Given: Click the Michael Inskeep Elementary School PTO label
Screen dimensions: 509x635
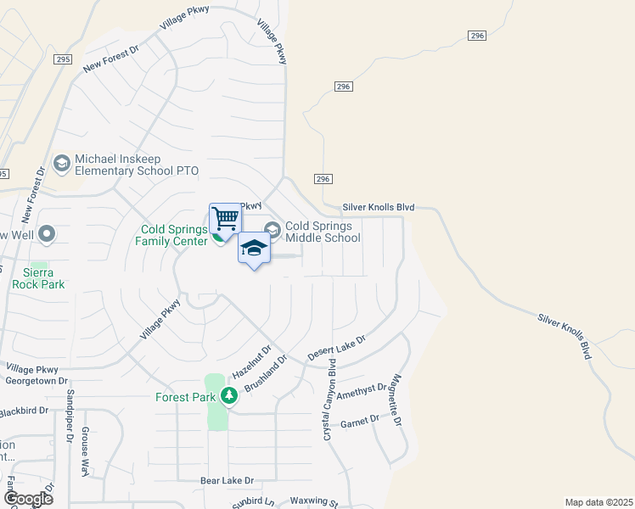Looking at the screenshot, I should (136, 165).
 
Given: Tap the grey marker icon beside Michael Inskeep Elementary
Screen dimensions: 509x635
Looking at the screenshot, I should (61, 162).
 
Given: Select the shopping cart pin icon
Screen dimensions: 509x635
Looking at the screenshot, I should (225, 219).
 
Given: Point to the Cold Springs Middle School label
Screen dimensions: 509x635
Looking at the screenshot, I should (323, 232).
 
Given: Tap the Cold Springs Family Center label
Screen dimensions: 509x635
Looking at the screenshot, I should (174, 235).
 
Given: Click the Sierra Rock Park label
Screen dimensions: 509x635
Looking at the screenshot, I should (38, 278).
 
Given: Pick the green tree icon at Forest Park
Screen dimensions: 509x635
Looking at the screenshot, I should (228, 395).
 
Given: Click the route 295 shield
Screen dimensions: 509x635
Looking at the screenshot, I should (65, 59).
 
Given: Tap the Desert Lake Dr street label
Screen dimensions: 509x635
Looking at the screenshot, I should (336, 347).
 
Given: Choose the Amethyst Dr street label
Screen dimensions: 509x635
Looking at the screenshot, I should (362, 392).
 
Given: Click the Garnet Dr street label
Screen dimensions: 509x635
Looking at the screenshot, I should (359, 420).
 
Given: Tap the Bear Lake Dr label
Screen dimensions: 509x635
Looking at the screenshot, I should (227, 480).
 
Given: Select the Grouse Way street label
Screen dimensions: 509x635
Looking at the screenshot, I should (86, 451).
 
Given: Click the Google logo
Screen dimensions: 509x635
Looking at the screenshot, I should (28, 498).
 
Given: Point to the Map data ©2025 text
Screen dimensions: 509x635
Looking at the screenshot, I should (598, 502).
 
